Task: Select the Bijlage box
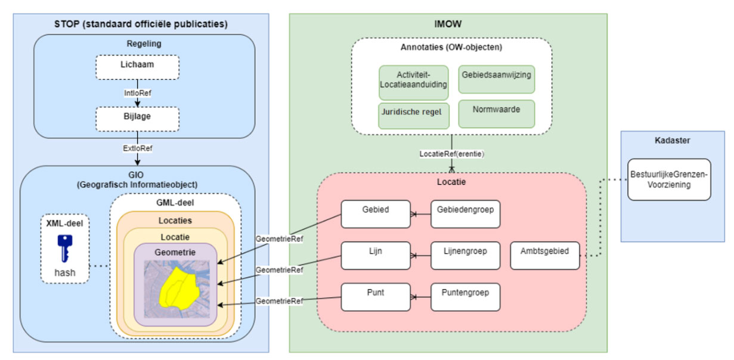pos(137,117)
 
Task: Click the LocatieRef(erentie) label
pos(451,154)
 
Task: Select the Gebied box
pos(376,213)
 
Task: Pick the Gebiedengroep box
pos(465,213)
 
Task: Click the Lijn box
pos(376,255)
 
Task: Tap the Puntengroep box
pos(465,297)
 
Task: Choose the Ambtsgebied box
pos(545,255)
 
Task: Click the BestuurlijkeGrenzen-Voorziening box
pos(668,180)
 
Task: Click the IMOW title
pos(448,25)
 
